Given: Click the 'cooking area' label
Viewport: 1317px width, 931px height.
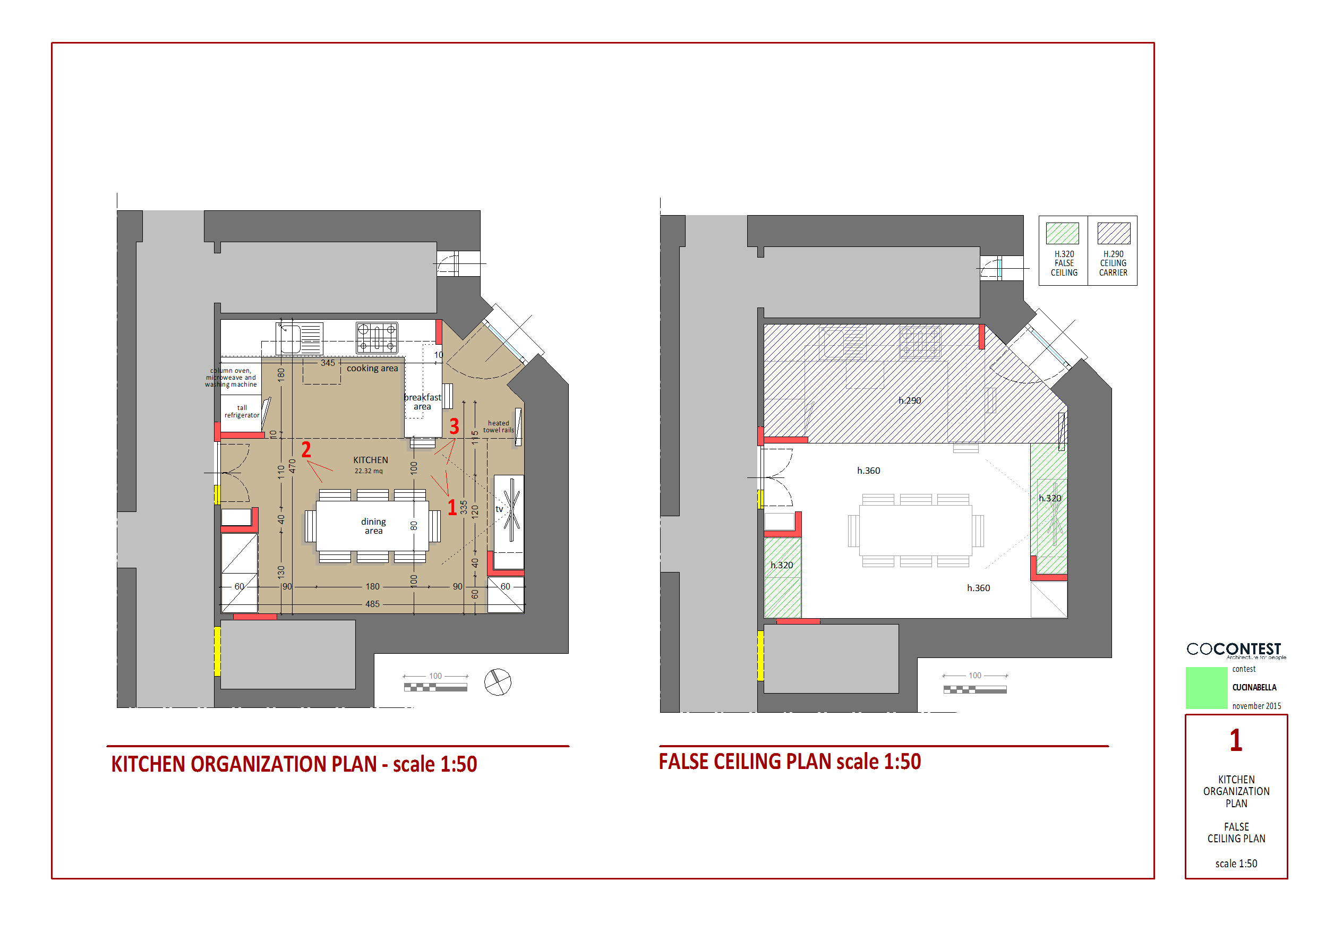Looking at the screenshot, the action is click(372, 368).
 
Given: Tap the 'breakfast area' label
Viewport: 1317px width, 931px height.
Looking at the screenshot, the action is click(422, 402).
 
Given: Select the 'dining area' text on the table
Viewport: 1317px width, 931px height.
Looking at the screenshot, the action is click(373, 526).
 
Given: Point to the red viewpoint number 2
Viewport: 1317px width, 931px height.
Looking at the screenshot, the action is click(306, 449).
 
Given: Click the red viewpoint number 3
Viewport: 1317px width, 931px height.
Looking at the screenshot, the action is click(454, 426).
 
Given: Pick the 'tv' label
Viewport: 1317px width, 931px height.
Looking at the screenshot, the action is click(499, 509).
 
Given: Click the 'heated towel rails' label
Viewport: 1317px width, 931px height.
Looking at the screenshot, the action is click(499, 426).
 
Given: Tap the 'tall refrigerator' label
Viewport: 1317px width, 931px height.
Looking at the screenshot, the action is click(242, 411).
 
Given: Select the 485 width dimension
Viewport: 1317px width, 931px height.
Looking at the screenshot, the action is click(372, 604).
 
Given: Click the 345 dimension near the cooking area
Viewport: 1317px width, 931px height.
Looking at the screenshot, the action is click(328, 363).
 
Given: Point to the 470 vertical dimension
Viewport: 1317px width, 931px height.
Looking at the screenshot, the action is click(292, 466).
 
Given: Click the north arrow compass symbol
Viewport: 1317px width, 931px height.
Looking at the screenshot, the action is click(497, 682).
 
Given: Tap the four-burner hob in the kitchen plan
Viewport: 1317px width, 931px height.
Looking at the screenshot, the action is click(377, 337).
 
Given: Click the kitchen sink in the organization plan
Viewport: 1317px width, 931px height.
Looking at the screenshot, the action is click(299, 338).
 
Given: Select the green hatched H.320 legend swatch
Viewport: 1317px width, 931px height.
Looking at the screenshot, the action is click(1062, 234).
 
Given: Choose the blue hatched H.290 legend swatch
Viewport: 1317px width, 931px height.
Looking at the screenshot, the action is click(1114, 234).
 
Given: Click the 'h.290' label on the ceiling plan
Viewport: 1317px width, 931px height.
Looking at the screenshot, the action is click(910, 400).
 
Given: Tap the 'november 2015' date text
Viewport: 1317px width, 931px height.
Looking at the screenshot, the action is click(1256, 706).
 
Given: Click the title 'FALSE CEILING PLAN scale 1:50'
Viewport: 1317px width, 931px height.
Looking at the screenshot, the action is click(790, 762).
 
